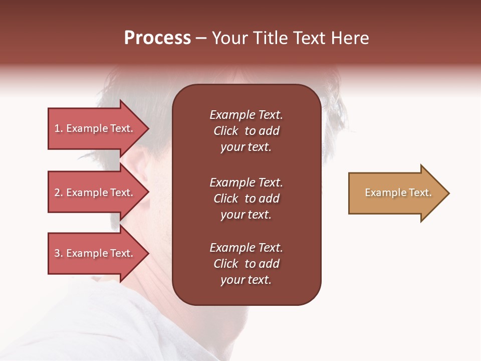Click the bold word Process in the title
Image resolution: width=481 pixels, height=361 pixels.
[x=157, y=38]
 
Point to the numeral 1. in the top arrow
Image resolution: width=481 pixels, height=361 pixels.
[x=59, y=128]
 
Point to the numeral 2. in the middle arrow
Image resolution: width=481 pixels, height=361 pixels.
[x=59, y=193]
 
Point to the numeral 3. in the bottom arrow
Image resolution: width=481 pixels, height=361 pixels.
[x=59, y=253]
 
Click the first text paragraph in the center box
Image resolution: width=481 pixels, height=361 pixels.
[x=246, y=131]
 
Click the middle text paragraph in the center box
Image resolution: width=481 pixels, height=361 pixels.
[x=246, y=199]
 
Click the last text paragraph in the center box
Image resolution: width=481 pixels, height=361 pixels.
[x=246, y=264]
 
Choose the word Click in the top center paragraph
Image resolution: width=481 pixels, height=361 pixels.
[x=225, y=131]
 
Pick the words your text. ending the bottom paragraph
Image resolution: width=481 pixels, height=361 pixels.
[x=246, y=280]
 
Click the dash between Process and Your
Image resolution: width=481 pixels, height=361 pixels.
[x=201, y=39]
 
